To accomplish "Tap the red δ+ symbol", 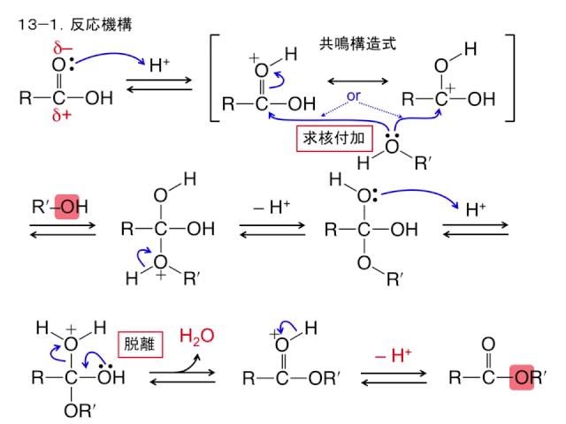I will (61, 116).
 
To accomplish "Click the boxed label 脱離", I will (139, 344).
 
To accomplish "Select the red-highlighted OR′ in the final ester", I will (527, 378).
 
